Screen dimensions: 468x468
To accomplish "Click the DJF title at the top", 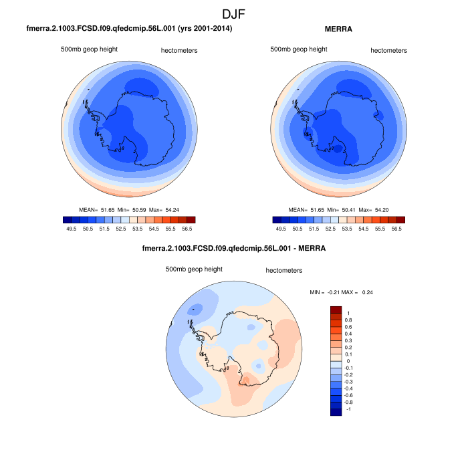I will [x=235, y=13].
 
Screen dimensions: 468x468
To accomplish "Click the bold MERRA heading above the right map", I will [x=339, y=29].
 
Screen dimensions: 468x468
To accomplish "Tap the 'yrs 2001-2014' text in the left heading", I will [x=204, y=29].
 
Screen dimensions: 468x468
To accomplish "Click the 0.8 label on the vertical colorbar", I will [x=348, y=320].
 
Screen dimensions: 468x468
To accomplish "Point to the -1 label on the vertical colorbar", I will [x=348, y=408].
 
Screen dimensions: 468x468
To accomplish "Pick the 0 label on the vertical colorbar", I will [x=347, y=361].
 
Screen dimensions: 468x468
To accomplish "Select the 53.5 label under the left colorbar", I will [x=136, y=228].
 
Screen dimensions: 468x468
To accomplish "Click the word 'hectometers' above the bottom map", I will [x=284, y=271].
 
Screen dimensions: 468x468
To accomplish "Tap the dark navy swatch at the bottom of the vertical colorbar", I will [x=336, y=412].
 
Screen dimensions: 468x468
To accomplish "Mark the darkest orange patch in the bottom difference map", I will [x=247, y=380].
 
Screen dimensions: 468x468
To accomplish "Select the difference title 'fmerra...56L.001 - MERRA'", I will [x=234, y=249].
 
